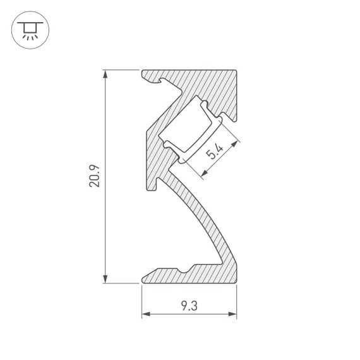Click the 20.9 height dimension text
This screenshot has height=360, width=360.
pyautogui.click(x=94, y=177)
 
